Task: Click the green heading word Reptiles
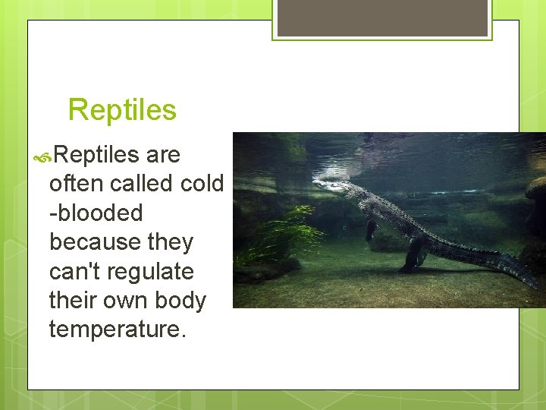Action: (122, 110)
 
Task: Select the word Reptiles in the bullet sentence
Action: (96, 155)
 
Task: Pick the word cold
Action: (202, 184)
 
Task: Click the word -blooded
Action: (96, 213)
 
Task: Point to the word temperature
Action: (117, 330)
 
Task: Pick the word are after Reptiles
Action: (163, 155)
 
